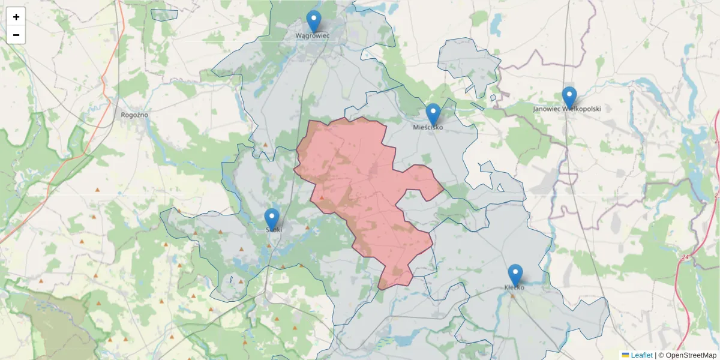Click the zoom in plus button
[16, 17]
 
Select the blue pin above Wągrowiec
[314, 21]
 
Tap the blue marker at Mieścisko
[433, 114]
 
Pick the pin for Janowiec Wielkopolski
[569, 97]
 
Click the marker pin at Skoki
[272, 219]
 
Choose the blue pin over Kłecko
[515, 275]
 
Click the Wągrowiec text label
[313, 35]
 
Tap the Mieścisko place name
[428, 127]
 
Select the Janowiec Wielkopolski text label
[566, 109]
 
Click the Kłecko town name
[514, 287]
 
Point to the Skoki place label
[274, 229]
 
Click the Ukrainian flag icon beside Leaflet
[625, 355]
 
